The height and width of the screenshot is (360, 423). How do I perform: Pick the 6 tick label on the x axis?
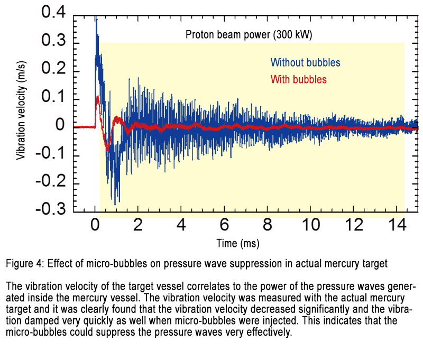point(225,225)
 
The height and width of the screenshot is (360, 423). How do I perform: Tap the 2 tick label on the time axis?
point(139,225)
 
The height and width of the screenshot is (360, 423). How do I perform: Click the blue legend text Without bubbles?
point(306,62)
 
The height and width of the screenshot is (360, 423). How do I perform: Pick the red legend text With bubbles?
point(298,79)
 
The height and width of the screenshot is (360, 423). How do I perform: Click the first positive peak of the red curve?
point(98,98)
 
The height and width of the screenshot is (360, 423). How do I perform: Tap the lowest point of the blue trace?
point(115,203)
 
